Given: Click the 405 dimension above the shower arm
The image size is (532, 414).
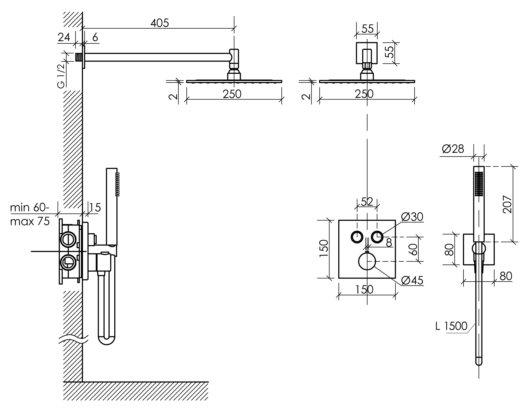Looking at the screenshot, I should click(160, 23).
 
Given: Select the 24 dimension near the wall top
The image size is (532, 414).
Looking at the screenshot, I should click(64, 37).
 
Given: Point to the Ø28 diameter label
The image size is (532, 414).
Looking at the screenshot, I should click(453, 149).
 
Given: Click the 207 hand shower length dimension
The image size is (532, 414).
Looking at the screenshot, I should click(507, 204).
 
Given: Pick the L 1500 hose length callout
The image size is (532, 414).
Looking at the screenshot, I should click(451, 326).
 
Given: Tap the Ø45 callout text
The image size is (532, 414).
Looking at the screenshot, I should click(412, 280).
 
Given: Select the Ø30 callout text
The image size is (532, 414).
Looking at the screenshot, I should click(412, 217).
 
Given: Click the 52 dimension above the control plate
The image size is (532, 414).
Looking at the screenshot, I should click(367, 202).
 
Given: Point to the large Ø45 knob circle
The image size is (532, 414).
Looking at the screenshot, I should click(367, 261).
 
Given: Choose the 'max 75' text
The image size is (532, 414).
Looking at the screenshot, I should click(30, 221).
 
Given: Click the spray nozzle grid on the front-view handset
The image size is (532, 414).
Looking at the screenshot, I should click(479, 183).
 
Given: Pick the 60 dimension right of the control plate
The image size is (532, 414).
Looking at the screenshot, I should click(414, 249).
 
